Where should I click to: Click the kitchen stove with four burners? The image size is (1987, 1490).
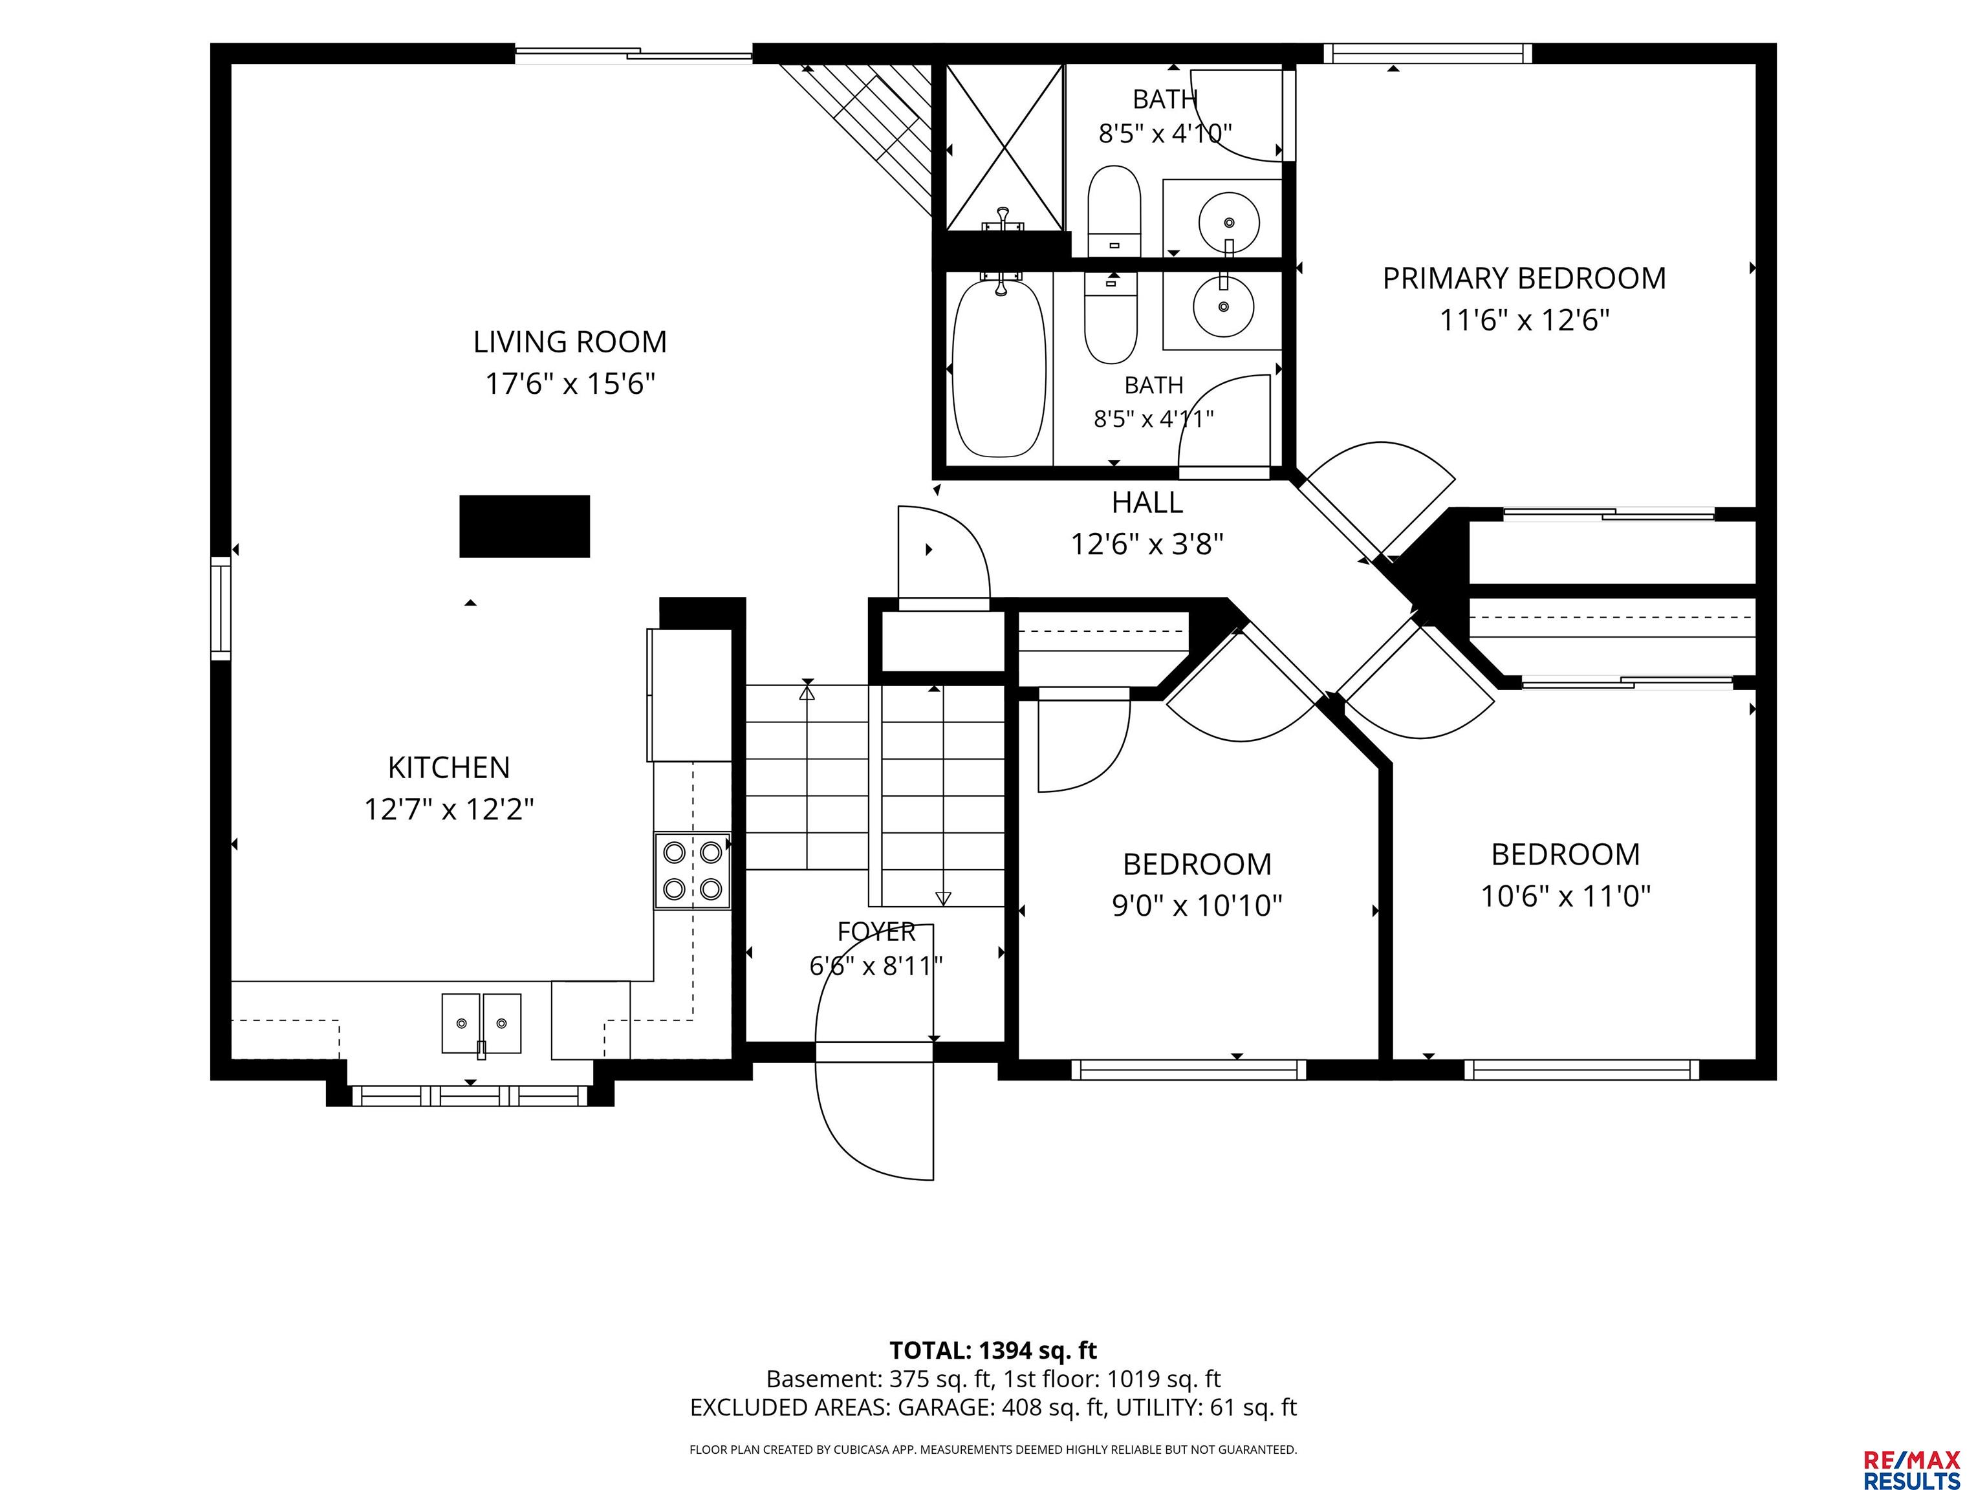[691, 870]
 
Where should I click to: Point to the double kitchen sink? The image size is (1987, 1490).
[481, 1023]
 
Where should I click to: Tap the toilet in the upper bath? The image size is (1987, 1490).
[1114, 211]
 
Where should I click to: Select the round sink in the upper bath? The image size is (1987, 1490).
[1228, 221]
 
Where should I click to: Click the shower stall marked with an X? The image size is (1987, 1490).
[1004, 147]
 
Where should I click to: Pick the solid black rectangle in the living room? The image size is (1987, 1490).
[525, 526]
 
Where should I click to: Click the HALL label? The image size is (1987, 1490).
[1147, 502]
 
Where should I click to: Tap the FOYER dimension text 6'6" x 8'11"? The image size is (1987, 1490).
[876, 966]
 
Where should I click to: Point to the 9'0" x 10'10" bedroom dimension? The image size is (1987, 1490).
[1197, 905]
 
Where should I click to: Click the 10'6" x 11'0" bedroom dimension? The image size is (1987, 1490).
[1566, 896]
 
